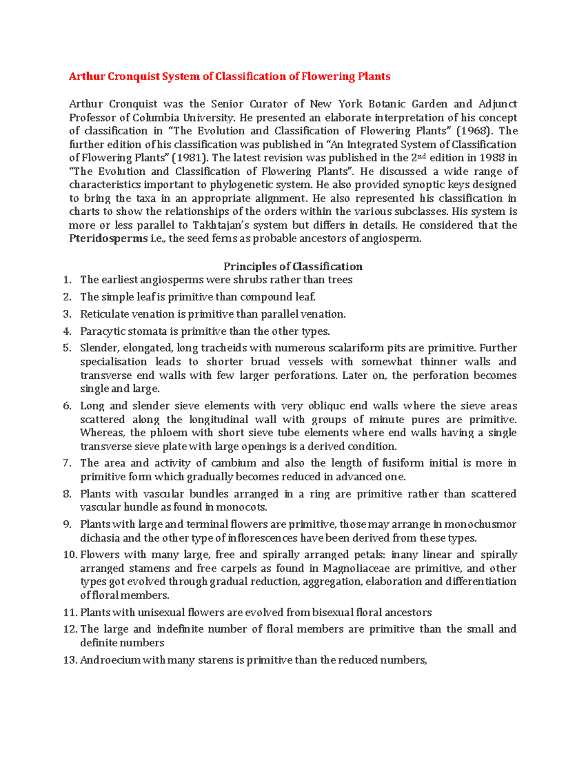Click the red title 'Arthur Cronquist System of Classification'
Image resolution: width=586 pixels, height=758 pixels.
point(230,77)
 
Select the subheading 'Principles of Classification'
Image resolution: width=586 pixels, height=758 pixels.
point(293,266)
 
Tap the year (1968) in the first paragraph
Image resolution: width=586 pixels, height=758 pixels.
point(476,131)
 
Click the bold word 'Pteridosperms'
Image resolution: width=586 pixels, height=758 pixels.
point(108,239)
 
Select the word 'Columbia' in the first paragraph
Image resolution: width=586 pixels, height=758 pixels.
point(157,118)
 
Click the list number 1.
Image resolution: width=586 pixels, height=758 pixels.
point(67,280)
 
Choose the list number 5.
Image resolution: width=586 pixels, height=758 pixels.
point(67,348)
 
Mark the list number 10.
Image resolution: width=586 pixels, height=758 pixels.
point(70,555)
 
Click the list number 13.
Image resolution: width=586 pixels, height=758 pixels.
point(70,660)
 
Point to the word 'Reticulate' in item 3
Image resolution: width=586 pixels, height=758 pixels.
point(103,314)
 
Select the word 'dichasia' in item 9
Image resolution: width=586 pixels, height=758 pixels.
point(100,538)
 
